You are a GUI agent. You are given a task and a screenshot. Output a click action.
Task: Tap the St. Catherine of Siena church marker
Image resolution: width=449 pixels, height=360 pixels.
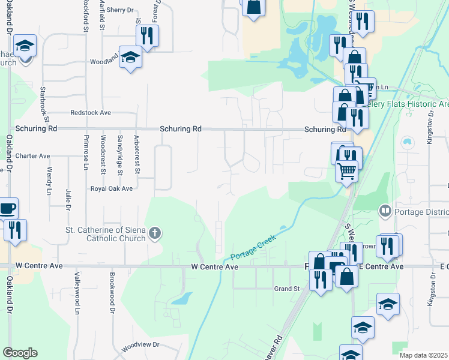[x=155, y=233]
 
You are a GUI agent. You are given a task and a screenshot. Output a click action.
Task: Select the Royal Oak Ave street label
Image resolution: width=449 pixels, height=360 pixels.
[x=111, y=188]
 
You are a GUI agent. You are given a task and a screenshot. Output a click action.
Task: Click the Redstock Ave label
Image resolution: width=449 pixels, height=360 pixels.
[x=91, y=113]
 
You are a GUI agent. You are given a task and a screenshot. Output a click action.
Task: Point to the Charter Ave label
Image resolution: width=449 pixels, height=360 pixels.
[x=32, y=156]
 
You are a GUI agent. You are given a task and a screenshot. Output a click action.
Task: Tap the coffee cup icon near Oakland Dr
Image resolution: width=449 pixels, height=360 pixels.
[x=7, y=209]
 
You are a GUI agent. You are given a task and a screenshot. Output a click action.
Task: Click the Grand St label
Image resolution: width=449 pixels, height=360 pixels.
[x=287, y=289]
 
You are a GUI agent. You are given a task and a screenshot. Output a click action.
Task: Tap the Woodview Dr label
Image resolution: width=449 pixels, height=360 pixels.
[x=140, y=345]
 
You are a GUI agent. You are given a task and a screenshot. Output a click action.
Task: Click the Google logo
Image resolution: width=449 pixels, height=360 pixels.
[x=20, y=353]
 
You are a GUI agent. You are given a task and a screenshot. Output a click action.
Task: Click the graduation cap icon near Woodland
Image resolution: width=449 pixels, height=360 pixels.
[x=130, y=57]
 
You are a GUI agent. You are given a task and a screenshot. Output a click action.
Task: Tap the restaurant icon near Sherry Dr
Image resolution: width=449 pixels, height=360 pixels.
[x=147, y=35]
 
